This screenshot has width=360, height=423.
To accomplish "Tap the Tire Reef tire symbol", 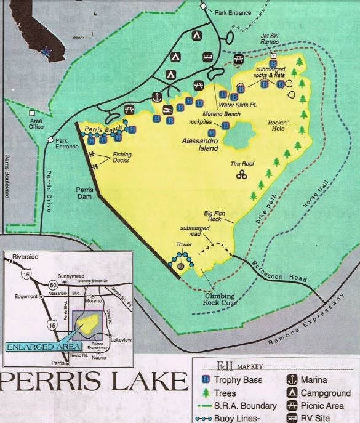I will click(x=242, y=177).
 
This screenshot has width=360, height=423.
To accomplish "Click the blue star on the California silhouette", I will click(x=46, y=52).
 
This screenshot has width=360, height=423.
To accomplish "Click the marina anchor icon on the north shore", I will click(x=157, y=97).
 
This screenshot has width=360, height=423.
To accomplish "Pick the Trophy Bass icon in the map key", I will click(x=203, y=379).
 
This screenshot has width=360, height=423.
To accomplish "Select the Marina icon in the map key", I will click(x=293, y=379).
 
